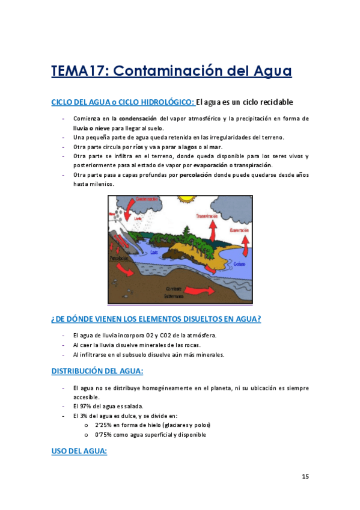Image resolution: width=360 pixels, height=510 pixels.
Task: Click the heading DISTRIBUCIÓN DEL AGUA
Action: [97, 370]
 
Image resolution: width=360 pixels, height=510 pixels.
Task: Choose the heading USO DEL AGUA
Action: [79, 450]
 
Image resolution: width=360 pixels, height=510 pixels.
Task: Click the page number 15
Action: [305, 477]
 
